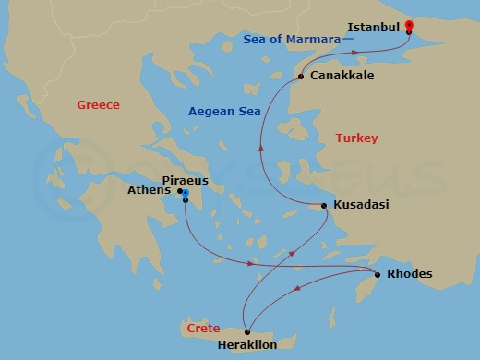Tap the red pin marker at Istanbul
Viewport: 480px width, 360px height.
click(409, 26)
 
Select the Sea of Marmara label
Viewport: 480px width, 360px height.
click(294, 39)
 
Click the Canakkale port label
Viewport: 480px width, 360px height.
click(342, 75)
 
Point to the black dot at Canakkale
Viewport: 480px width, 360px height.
click(301, 77)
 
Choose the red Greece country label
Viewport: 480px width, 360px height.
click(99, 105)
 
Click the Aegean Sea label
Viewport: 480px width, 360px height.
click(224, 111)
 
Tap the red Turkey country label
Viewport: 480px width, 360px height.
click(356, 138)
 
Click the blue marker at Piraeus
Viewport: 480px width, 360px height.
click(186, 196)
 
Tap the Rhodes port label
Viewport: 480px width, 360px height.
click(409, 274)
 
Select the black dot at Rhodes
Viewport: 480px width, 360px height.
click(378, 274)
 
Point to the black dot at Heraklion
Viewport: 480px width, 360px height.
click(246, 331)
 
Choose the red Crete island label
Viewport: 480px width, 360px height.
click(203, 329)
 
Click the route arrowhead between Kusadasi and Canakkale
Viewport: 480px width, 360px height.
click(261, 145)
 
